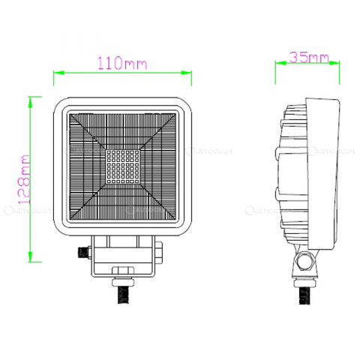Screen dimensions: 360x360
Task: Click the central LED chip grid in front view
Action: [x=121, y=166]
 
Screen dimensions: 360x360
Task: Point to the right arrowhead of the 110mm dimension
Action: [x=187, y=73]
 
